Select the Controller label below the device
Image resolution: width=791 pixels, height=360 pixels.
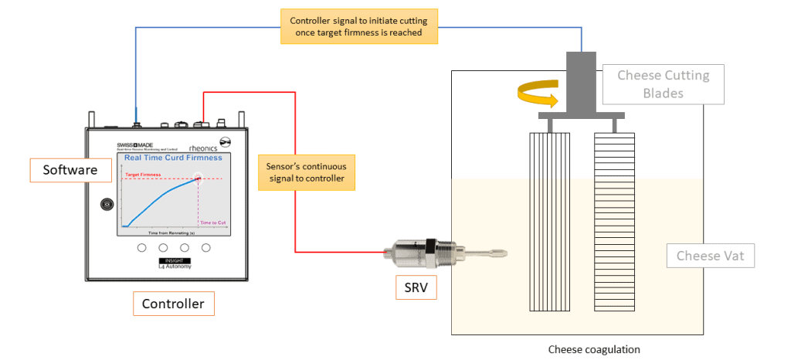(x=173, y=304)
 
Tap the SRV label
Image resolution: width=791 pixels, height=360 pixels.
(x=416, y=287)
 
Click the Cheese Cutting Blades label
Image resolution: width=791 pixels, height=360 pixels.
(x=663, y=84)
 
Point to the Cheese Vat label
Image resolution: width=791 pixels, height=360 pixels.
(x=710, y=256)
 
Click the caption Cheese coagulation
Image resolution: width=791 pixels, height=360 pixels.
(x=593, y=349)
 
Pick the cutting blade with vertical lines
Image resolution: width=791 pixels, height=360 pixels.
(x=551, y=221)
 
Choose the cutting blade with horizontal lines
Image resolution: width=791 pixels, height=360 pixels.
(x=614, y=221)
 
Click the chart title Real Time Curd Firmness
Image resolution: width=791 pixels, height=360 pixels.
(x=173, y=158)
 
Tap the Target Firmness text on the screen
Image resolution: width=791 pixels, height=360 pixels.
(x=143, y=175)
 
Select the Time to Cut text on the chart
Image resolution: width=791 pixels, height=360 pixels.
(x=212, y=222)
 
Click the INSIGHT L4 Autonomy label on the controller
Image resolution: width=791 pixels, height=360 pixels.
(x=168, y=264)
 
